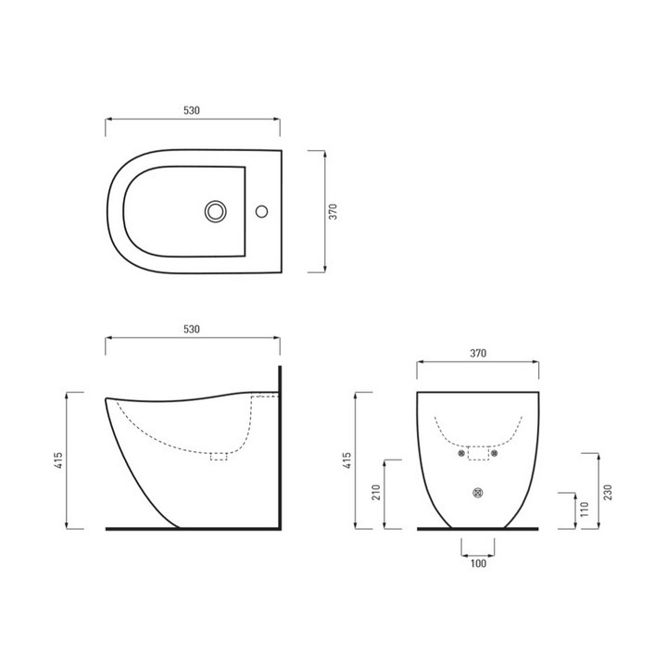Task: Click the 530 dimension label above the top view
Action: (192, 110)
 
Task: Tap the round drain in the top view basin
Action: (216, 211)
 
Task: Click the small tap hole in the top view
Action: (263, 211)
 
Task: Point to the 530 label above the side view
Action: (192, 329)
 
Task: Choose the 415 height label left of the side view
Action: (57, 460)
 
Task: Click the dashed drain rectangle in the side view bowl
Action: (220, 455)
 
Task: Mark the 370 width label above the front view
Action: (477, 353)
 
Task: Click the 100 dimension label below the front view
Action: (477, 562)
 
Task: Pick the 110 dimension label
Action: (585, 510)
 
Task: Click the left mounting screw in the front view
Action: (459, 454)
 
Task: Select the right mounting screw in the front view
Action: (495, 454)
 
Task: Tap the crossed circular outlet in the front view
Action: (477, 492)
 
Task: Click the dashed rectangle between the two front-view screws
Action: (477, 454)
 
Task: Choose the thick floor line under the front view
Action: (477, 529)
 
